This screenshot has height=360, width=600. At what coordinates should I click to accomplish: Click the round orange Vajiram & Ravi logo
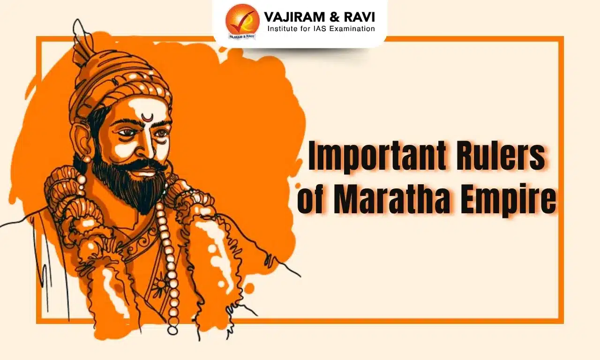242,21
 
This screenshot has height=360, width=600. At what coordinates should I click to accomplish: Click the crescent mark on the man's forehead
147,117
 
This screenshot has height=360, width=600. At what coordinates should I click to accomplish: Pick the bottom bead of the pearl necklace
173,330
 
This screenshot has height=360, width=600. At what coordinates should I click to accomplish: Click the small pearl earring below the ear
87,160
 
